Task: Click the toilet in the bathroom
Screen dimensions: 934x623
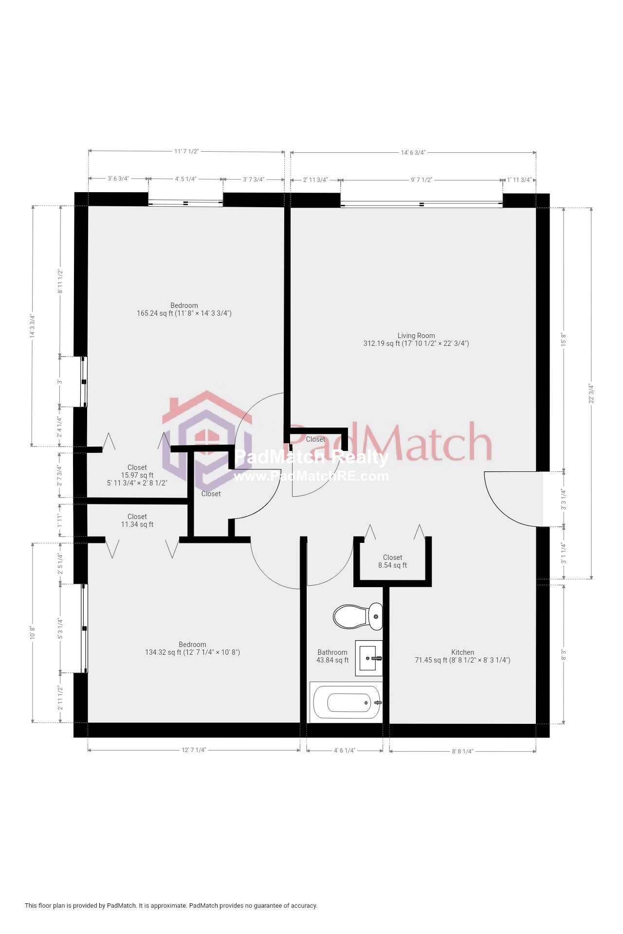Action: (358, 616)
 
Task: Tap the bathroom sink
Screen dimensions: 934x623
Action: (368, 658)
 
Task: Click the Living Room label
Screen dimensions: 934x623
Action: (416, 336)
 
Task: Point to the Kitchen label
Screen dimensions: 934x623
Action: (462, 652)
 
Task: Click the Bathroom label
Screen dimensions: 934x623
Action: (332, 652)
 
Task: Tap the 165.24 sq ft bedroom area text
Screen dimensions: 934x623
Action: (184, 313)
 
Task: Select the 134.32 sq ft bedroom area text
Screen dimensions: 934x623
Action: (192, 652)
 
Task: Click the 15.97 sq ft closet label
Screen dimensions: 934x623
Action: (137, 475)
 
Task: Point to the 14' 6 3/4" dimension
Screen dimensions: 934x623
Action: (413, 153)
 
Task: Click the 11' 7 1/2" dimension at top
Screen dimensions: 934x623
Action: (186, 151)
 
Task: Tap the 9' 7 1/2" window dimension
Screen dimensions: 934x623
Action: (421, 180)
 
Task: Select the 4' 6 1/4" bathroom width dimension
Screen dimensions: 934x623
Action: (345, 750)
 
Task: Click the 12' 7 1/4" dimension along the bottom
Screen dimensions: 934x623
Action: (194, 750)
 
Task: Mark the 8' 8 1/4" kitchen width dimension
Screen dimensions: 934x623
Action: (462, 751)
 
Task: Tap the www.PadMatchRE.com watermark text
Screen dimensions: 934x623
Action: (311, 476)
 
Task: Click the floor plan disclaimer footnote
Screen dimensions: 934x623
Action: (171, 905)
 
